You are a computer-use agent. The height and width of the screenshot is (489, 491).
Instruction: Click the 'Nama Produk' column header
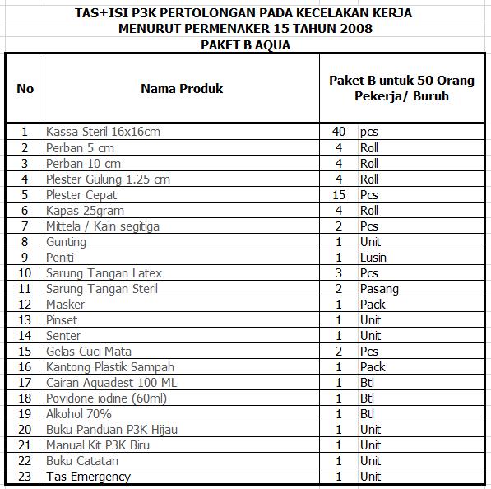pyautogui.click(x=181, y=88)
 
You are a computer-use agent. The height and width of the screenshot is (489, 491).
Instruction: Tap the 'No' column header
pyautogui.click(x=25, y=88)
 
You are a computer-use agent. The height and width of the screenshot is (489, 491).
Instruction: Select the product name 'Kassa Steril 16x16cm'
pyautogui.click(x=103, y=132)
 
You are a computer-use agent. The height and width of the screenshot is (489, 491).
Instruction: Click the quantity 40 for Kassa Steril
pyautogui.click(x=338, y=132)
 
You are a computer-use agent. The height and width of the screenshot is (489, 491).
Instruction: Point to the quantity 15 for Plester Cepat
pyautogui.click(x=338, y=195)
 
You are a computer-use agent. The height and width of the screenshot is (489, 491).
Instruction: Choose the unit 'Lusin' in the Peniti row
pyautogui.click(x=373, y=258)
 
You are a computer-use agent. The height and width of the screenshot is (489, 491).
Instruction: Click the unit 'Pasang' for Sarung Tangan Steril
pyautogui.click(x=378, y=289)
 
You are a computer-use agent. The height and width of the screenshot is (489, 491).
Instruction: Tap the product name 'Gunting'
pyautogui.click(x=66, y=242)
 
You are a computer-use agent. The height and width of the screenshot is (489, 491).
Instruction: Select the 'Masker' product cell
pyautogui.click(x=65, y=305)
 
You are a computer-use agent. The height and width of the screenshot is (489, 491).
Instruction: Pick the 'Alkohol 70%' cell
pyautogui.click(x=78, y=414)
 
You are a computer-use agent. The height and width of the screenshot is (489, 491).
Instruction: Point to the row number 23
pyautogui.click(x=25, y=477)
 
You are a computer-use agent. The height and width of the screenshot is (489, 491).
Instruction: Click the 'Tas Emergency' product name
pyautogui.click(x=88, y=477)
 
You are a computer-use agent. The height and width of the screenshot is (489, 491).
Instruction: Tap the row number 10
pyautogui.click(x=25, y=273)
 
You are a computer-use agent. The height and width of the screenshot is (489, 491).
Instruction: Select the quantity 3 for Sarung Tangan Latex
pyautogui.click(x=338, y=273)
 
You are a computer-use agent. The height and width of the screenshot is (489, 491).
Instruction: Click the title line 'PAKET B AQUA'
pyautogui.click(x=245, y=44)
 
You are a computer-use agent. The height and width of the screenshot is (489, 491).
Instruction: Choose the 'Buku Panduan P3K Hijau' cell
pyautogui.click(x=112, y=430)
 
